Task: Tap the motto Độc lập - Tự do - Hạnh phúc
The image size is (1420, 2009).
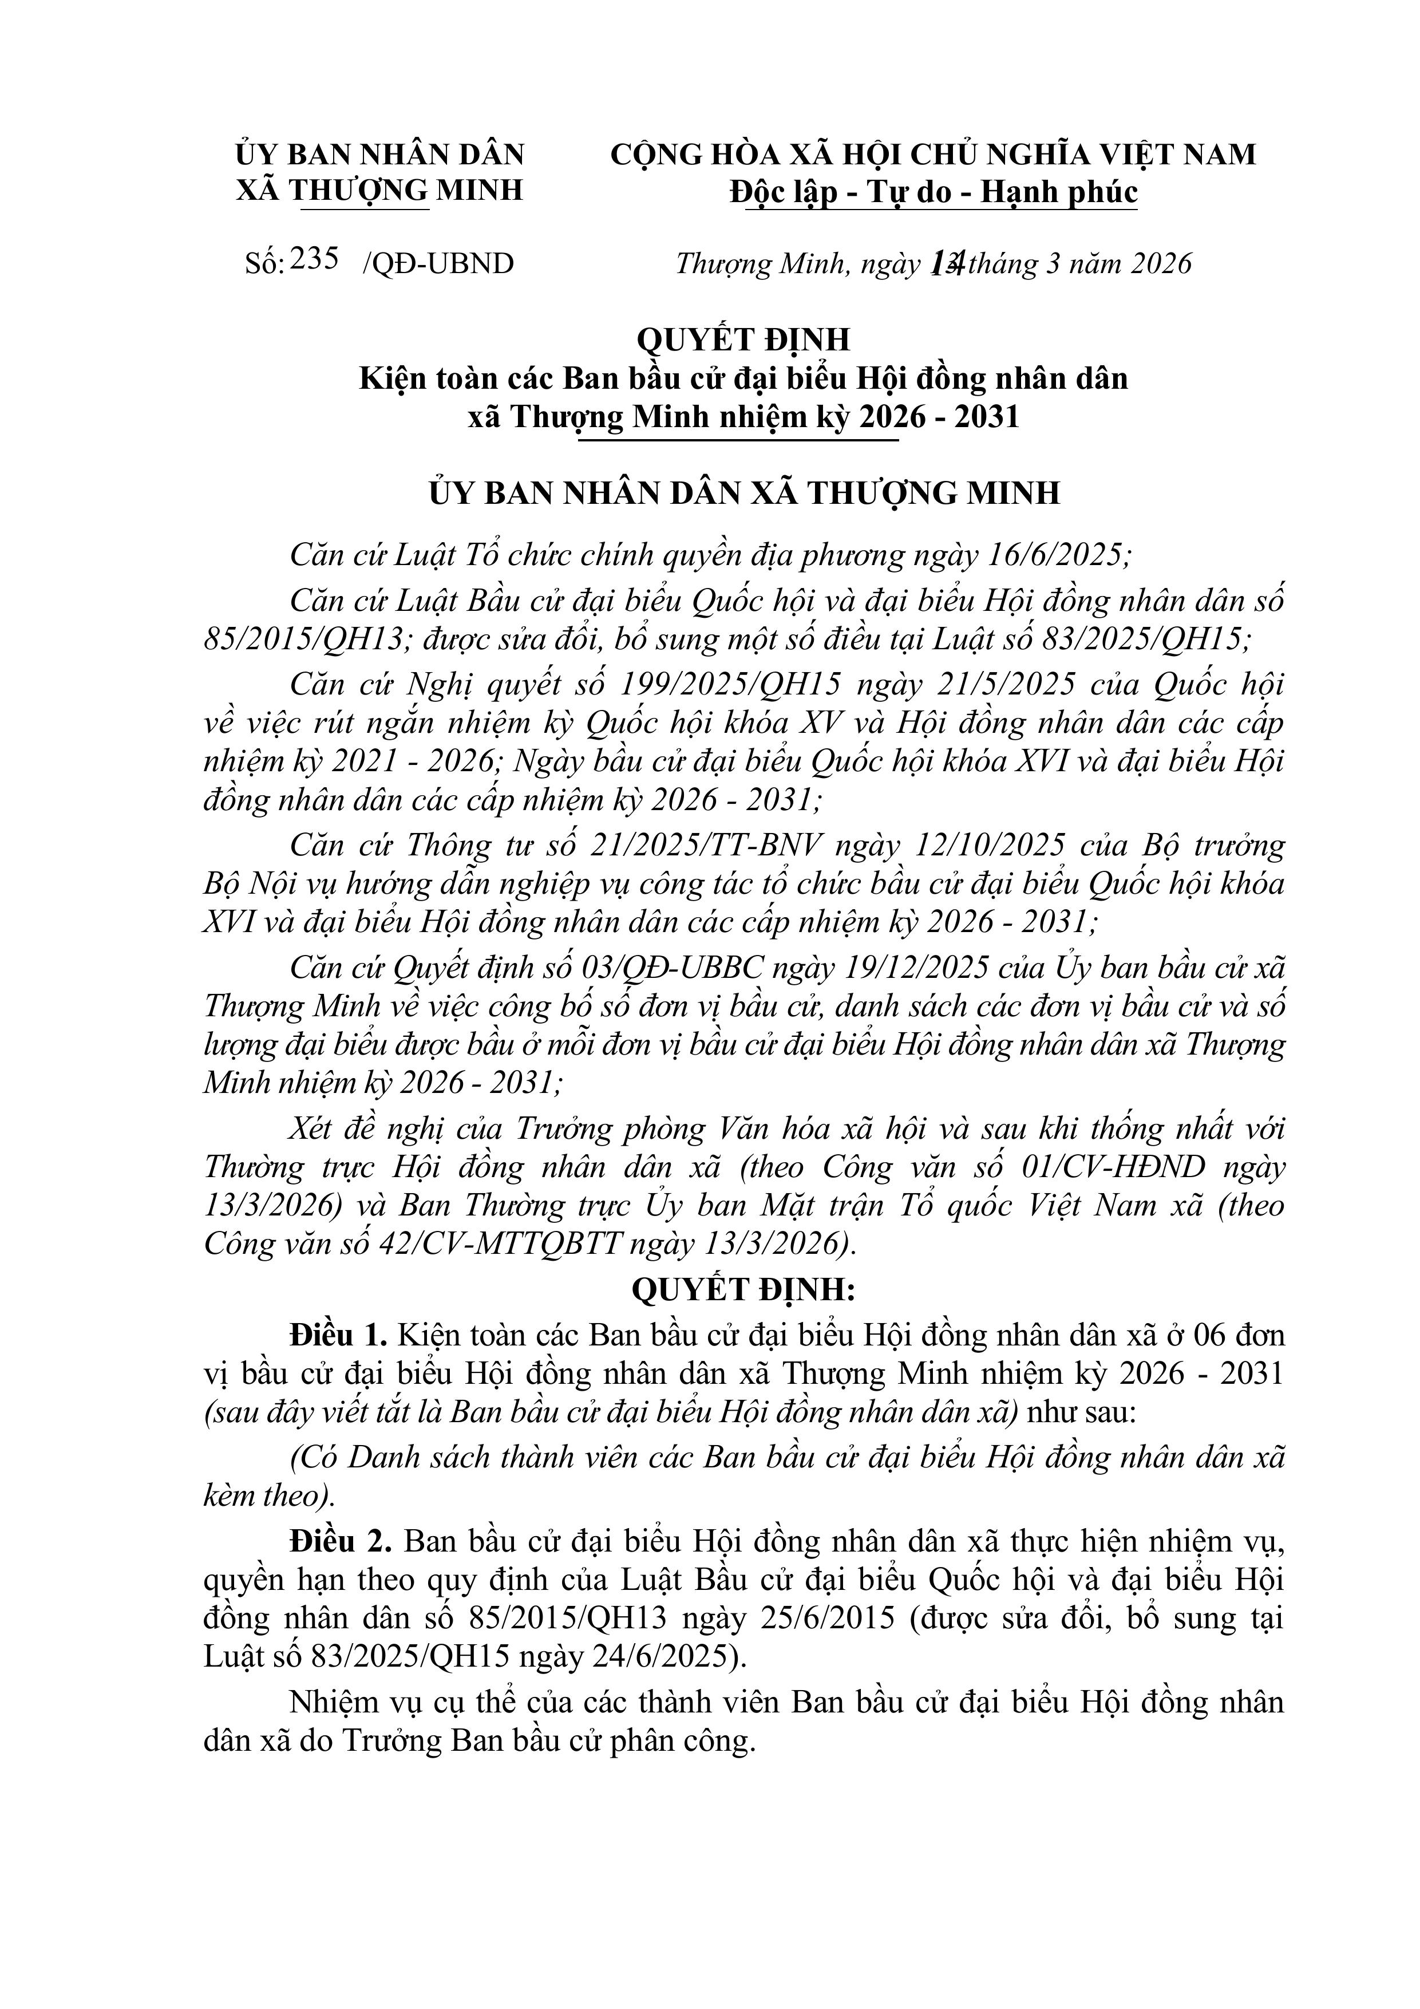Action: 934,192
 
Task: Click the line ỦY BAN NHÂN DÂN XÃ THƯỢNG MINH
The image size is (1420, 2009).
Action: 743,492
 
